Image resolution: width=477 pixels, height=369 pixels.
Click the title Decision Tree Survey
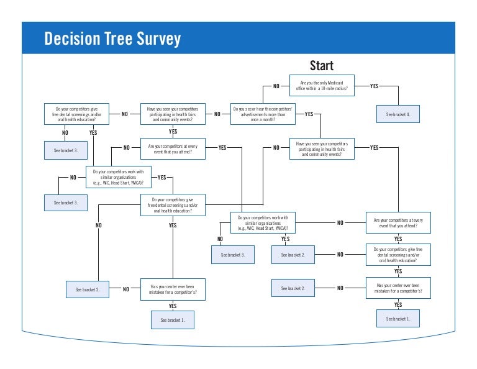pyautogui.click(x=112, y=39)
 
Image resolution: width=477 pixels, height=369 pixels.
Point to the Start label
pyautogui.click(x=321, y=66)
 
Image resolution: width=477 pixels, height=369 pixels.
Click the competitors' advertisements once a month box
pyautogui.click(x=263, y=114)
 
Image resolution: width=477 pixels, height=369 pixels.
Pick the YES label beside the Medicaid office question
pyautogui.click(x=374, y=86)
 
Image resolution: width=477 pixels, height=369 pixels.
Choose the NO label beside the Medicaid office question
pyautogui.click(x=276, y=86)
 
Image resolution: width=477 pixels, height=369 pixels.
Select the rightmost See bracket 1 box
pyautogui.click(x=398, y=319)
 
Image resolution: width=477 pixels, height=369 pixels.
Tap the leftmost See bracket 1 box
pyautogui.click(x=172, y=320)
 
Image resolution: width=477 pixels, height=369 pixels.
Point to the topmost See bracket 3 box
pyautogui.click(x=66, y=150)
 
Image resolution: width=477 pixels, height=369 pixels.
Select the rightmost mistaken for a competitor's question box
pyautogui.click(x=398, y=288)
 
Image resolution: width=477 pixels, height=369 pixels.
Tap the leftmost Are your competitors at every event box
pyautogui.click(x=172, y=148)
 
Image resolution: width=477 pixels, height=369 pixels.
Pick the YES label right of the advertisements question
pyautogui.click(x=309, y=114)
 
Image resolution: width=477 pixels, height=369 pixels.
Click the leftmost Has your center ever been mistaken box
pyautogui.click(x=172, y=289)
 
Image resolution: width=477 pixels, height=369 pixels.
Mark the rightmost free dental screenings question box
pyautogui.click(x=398, y=255)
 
